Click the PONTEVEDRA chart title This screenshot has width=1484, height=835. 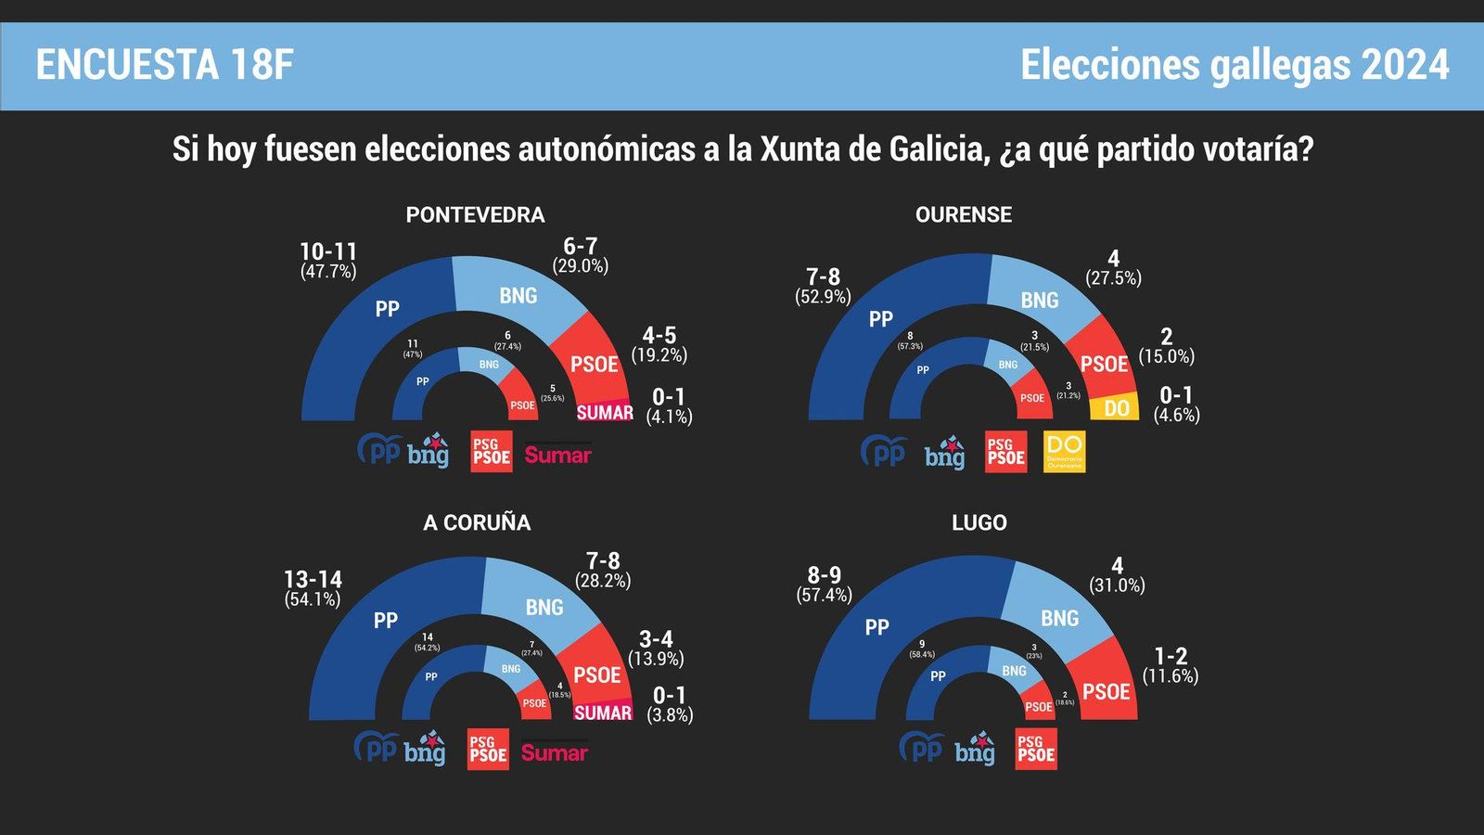click(475, 214)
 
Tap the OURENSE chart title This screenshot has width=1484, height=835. click(963, 214)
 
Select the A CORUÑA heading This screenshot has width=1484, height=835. click(477, 522)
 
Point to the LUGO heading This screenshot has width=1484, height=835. click(979, 522)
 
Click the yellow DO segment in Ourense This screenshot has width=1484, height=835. click(1115, 408)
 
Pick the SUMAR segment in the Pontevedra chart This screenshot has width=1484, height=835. click(605, 412)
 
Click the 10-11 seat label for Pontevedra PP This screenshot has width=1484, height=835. click(327, 251)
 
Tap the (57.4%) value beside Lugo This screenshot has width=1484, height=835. click(824, 595)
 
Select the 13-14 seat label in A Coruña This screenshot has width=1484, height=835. click(313, 579)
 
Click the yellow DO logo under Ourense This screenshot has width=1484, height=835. click(1064, 452)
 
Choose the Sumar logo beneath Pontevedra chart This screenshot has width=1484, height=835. click(557, 455)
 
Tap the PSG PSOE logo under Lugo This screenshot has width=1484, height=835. click(1036, 749)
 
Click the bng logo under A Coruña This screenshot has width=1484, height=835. click(425, 750)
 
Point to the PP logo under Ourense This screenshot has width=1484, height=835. click(883, 452)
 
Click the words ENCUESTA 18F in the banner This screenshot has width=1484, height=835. click(164, 65)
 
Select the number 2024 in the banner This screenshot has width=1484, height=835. click(1404, 65)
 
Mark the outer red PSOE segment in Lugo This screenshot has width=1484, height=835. click(1106, 687)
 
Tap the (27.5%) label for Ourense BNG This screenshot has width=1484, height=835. click(1113, 277)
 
